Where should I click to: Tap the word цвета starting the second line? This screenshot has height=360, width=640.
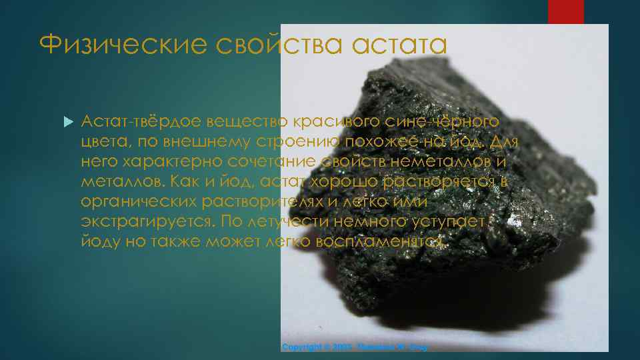101,142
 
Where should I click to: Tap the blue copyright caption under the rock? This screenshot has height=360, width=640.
354,347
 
